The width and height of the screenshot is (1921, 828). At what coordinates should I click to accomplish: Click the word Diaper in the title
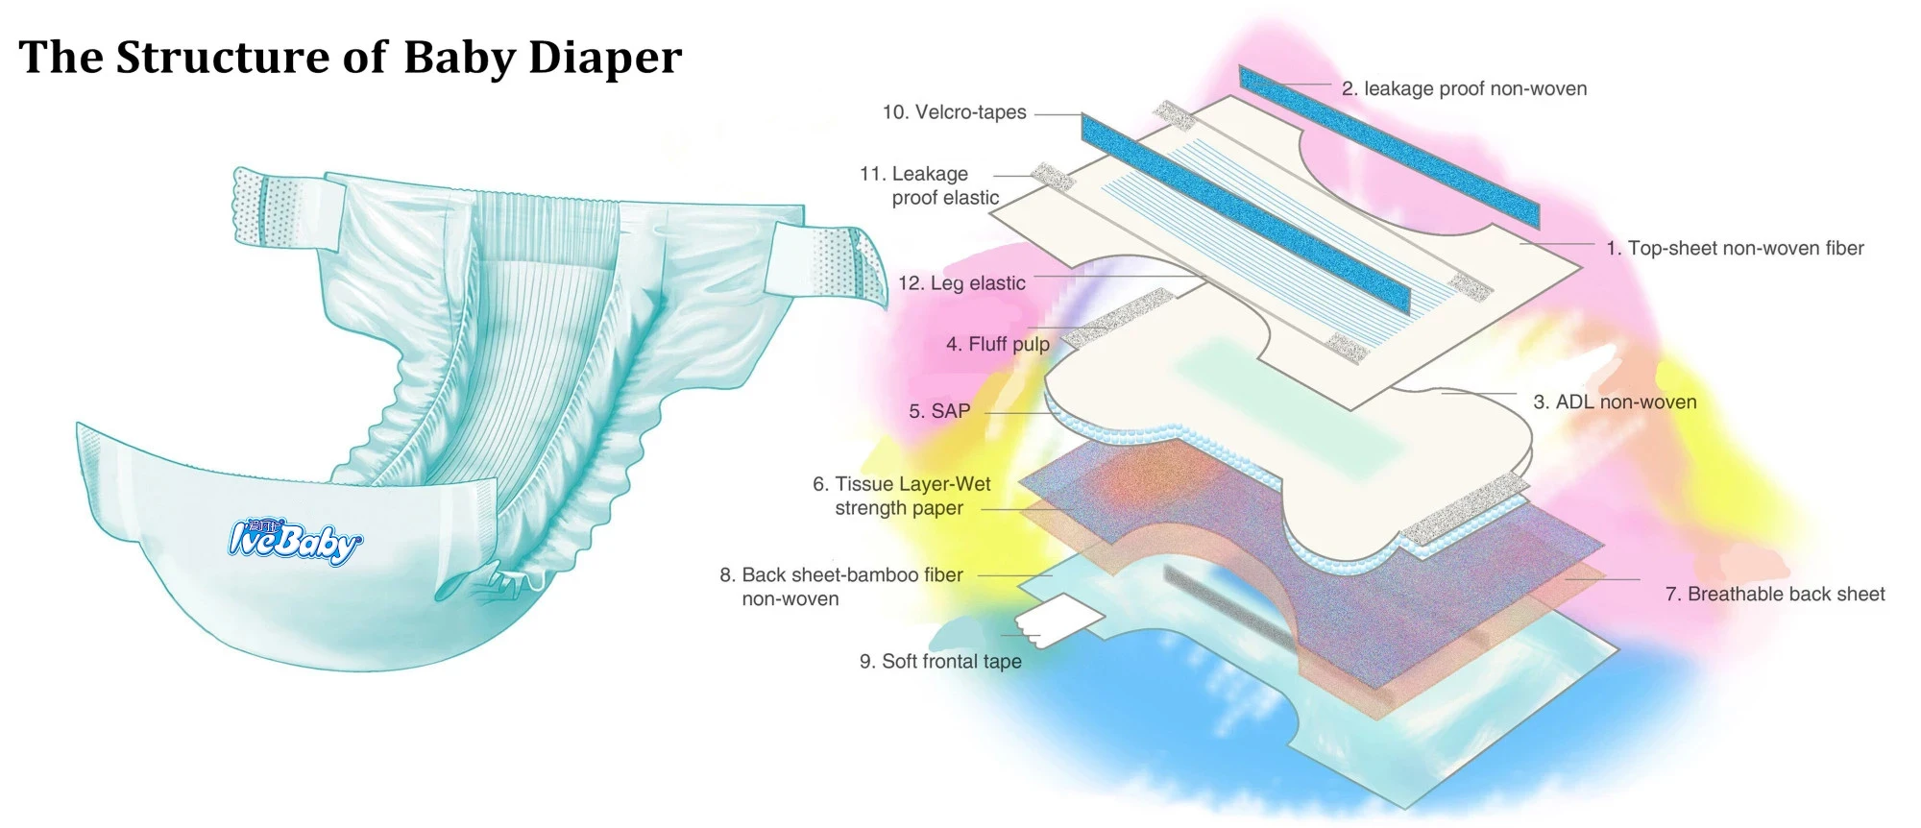(x=604, y=58)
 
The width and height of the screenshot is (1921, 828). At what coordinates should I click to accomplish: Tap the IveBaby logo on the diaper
(x=295, y=541)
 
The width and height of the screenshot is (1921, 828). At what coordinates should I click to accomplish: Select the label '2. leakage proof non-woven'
(x=1464, y=89)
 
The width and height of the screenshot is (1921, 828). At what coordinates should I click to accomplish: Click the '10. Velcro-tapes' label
(x=954, y=112)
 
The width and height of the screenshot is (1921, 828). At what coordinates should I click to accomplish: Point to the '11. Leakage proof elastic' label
(x=930, y=185)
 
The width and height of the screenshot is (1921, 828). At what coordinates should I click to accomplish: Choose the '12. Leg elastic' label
(x=961, y=283)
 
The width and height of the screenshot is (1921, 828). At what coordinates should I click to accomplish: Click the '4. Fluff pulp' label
(x=997, y=344)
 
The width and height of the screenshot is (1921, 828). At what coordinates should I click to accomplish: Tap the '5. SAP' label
(x=939, y=411)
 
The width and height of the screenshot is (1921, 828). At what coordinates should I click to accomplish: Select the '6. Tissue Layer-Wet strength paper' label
(x=901, y=496)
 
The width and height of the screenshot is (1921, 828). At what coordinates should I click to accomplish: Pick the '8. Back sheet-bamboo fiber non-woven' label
(x=840, y=586)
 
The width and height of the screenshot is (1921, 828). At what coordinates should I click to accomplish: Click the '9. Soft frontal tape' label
(x=940, y=661)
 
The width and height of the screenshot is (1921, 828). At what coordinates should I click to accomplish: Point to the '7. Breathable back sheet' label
(x=1774, y=594)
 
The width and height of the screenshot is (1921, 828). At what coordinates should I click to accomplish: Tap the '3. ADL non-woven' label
(x=1615, y=402)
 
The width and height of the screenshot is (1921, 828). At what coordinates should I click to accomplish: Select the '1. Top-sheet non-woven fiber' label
(x=1735, y=249)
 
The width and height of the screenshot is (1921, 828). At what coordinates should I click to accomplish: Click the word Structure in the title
(x=223, y=58)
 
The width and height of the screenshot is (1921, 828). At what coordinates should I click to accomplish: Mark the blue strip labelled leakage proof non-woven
(x=1388, y=146)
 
